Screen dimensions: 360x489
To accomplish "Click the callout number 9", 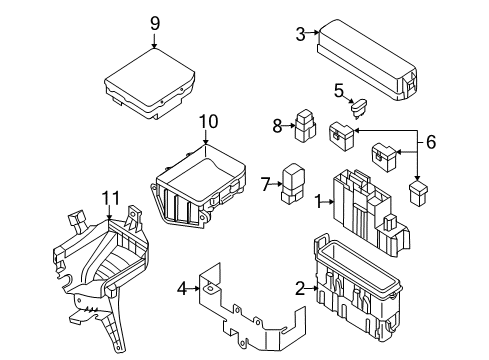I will point(155,23).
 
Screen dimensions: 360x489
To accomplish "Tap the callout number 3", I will point(301,34).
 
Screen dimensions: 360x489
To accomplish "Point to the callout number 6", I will point(432,143).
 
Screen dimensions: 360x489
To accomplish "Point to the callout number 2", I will point(299,289).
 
